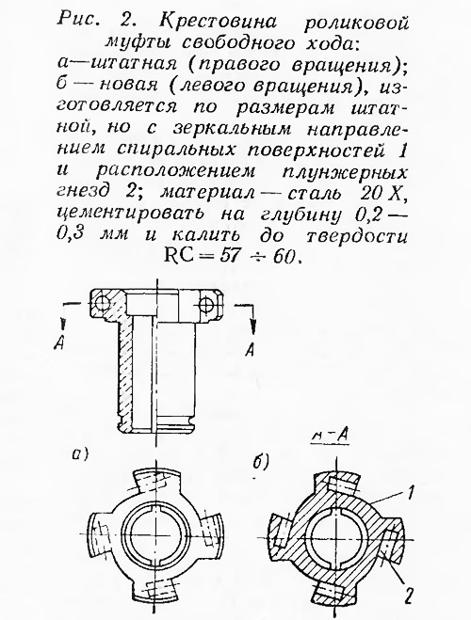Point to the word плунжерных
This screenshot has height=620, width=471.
coord(349,172)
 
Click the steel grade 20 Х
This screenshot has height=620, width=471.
coord(382,194)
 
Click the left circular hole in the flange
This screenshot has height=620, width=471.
coord(102,303)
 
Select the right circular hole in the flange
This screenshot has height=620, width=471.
coord(205,304)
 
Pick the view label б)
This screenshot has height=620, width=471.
coord(261,461)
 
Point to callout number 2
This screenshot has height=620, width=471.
coord(409,595)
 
